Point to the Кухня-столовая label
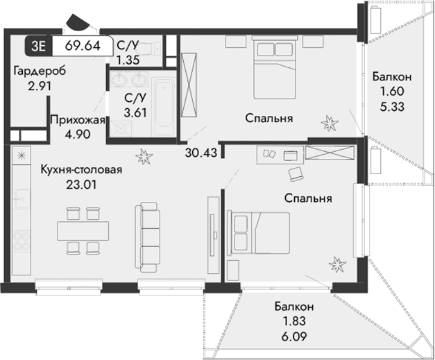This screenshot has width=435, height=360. coord(81,170)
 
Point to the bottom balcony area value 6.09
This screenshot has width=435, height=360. coord(293,333)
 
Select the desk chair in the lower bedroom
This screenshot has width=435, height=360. coord(296,171)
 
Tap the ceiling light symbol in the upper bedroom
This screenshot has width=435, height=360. coord(328,123)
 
